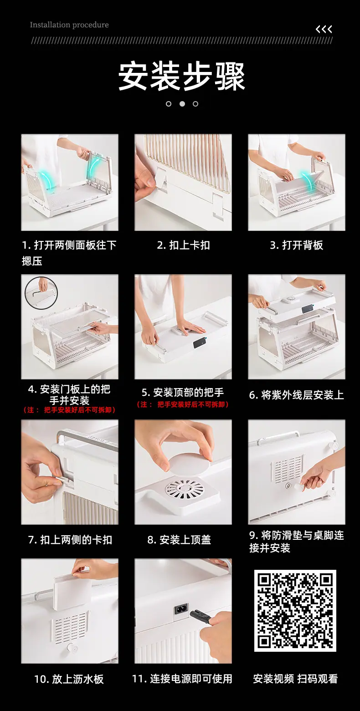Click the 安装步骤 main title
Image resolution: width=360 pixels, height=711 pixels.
(181, 76)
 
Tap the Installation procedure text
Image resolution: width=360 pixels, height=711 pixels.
(69, 25)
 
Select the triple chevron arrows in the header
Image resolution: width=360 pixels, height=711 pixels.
(324, 30)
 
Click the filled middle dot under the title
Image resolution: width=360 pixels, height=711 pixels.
(182, 104)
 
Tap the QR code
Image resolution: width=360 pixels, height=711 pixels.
(295, 610)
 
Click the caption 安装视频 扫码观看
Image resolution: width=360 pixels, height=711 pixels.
(295, 679)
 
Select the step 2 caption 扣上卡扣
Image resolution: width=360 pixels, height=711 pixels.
(183, 245)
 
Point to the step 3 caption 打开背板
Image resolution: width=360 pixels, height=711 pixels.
(297, 245)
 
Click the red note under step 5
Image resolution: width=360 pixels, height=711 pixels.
(183, 404)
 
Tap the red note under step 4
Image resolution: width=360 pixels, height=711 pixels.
(70, 410)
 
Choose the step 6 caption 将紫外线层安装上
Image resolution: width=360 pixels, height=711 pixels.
(297, 395)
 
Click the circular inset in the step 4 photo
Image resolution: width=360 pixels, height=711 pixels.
(41, 293)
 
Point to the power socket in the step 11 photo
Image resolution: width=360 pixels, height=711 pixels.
(181, 609)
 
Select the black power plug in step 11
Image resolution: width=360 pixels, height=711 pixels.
(200, 616)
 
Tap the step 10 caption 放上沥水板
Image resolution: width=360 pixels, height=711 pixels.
(69, 679)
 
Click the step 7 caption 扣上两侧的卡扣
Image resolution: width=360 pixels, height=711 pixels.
(70, 540)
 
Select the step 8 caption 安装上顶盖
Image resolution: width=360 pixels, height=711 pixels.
(179, 540)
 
